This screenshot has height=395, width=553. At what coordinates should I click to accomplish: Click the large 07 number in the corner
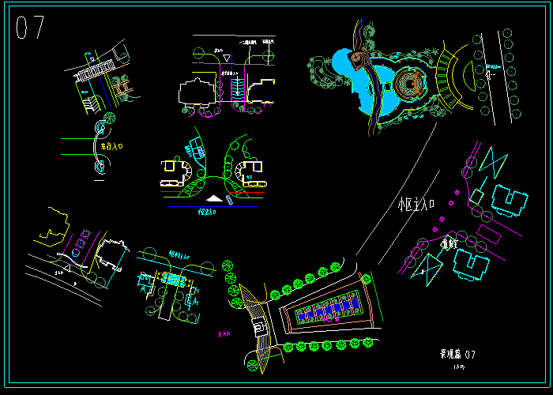click(30, 28)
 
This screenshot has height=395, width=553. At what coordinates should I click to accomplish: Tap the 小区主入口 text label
click(417, 205)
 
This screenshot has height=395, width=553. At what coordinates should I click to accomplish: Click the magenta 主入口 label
click(222, 335)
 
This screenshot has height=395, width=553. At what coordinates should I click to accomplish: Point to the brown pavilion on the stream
click(359, 58)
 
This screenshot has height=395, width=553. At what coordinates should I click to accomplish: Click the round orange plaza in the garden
click(409, 81)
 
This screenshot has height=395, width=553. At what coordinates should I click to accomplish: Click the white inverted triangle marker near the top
click(226, 58)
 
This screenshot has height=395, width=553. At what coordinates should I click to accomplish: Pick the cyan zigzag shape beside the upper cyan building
click(492, 164)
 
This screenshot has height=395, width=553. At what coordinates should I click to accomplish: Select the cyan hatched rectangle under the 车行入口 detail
click(172, 279)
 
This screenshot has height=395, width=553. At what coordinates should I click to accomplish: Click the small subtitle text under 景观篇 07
click(458, 367)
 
